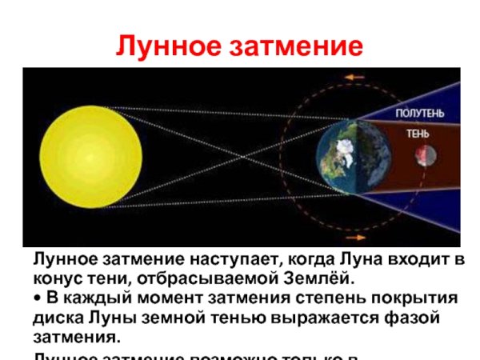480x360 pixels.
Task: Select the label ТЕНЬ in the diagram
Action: point(419,134)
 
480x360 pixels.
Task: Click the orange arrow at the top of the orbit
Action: point(354,78)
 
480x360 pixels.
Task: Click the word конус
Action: point(58,278)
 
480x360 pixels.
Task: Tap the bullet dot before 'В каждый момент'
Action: point(36,298)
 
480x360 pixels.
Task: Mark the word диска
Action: point(58,318)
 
